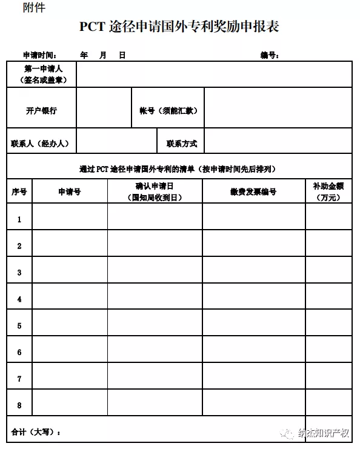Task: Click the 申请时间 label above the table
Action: [40, 55]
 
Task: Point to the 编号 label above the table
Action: [270, 55]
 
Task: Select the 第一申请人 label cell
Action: [41, 74]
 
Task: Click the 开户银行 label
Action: [41, 110]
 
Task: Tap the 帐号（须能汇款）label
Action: [168, 110]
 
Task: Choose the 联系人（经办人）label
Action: [40, 144]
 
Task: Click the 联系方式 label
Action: [182, 144]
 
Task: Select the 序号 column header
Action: [19, 191]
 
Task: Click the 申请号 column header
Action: [69, 191]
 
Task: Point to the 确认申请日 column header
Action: [155, 191]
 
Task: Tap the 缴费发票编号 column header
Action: [253, 191]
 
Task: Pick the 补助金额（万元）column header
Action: [328, 191]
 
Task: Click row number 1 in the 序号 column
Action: [19, 219]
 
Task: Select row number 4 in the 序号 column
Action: [19, 299]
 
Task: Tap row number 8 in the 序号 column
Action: [19, 405]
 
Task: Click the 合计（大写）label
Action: [36, 432]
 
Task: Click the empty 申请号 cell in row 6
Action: [70, 352]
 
